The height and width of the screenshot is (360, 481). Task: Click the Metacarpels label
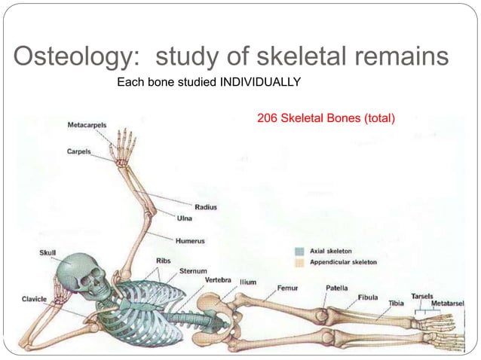click(x=87, y=124)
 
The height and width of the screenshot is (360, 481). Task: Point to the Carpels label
click(x=78, y=151)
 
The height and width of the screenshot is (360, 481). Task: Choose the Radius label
click(x=206, y=206)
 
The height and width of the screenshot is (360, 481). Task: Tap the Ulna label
click(x=185, y=218)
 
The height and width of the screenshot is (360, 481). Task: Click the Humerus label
click(x=190, y=241)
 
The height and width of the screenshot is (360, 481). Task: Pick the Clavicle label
click(x=33, y=299)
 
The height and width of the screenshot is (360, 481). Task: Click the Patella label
click(x=336, y=287)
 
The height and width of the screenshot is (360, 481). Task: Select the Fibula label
click(x=368, y=297)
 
